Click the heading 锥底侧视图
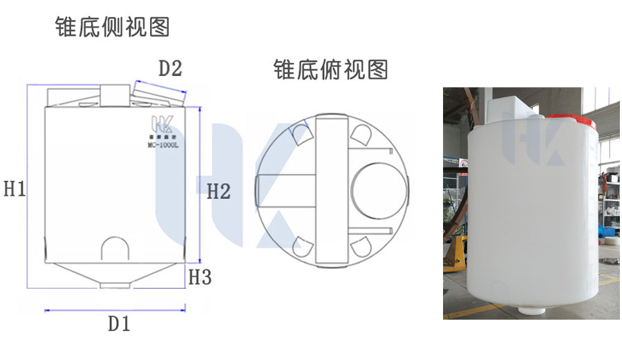pyautogui.click(x=113, y=27)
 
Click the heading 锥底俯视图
pyautogui.click(x=331, y=70)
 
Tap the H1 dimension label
pyautogui.click(x=15, y=189)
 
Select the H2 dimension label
pyautogui.click(x=218, y=191)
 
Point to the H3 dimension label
pyautogui.click(x=200, y=278)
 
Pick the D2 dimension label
pyautogui.click(x=170, y=69)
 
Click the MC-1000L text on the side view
pyautogui.click(x=164, y=145)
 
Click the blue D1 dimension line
pyautogui.click(x=115, y=310)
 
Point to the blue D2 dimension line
pyautogui.click(x=160, y=84)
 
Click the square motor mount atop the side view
pyautogui.click(x=115, y=95)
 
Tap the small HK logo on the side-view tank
pyautogui.click(x=164, y=126)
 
